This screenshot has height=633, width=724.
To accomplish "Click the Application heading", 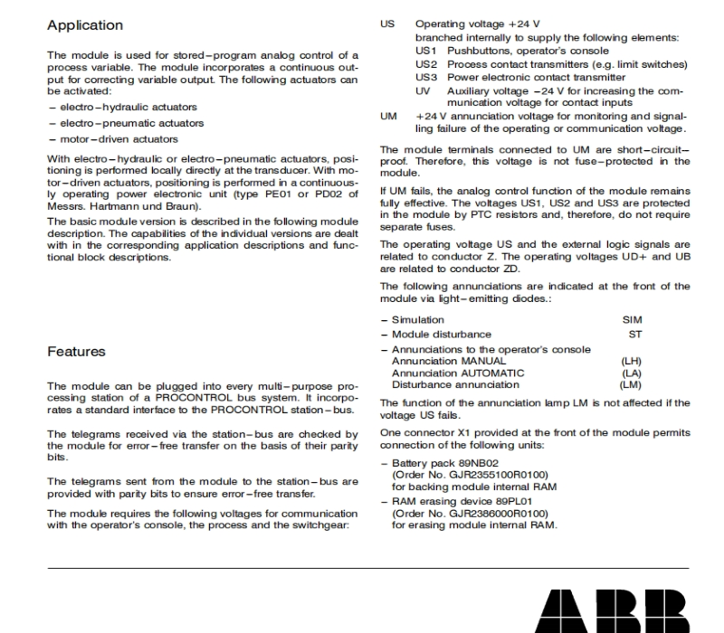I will (85, 24).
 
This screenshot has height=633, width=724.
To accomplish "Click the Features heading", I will (76, 351).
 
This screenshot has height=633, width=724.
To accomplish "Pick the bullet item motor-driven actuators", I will (108, 138).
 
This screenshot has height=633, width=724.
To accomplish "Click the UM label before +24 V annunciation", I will (389, 116).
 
